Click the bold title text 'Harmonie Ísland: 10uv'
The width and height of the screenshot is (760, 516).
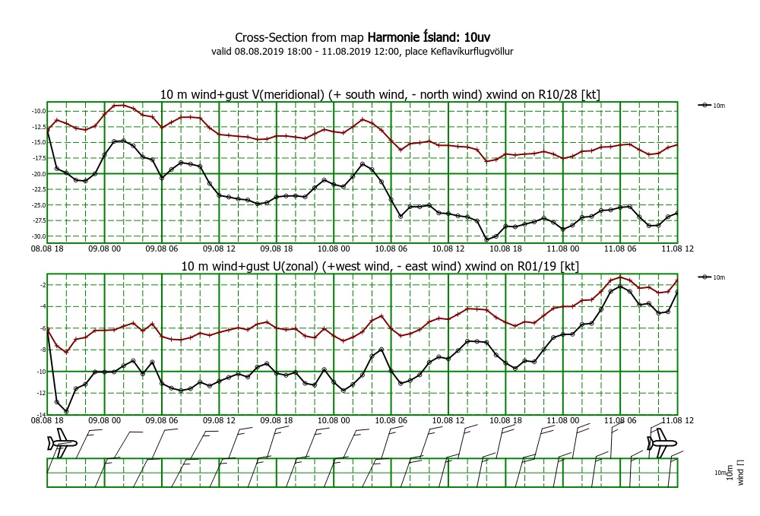point(429,37)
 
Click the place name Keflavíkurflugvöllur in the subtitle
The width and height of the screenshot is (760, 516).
point(472,52)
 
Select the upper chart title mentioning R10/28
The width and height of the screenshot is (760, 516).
point(380,94)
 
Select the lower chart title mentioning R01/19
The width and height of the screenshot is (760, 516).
point(380,266)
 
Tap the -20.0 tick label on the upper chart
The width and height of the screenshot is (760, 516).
point(38,174)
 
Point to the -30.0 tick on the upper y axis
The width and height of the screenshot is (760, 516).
point(38,236)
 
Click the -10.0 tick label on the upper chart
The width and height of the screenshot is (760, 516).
point(38,111)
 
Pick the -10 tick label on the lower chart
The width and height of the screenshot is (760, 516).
point(41,372)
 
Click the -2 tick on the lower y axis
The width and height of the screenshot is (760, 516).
point(43,285)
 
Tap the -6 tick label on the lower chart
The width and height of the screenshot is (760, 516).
point(43,328)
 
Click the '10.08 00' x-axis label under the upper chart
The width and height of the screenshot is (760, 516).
point(334,249)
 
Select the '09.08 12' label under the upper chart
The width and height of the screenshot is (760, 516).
point(219,249)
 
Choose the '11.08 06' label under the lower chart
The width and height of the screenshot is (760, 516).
point(620,420)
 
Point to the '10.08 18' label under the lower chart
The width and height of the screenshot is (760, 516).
point(505,420)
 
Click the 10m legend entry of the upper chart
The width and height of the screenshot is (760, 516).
point(711,105)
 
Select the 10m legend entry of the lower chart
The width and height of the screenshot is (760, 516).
point(711,277)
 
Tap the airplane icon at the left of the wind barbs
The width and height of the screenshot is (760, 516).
point(62,443)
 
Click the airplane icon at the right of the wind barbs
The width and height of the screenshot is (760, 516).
point(662,443)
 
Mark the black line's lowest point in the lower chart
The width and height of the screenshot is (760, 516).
point(66,412)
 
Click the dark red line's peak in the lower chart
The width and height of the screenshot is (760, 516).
point(620,277)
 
